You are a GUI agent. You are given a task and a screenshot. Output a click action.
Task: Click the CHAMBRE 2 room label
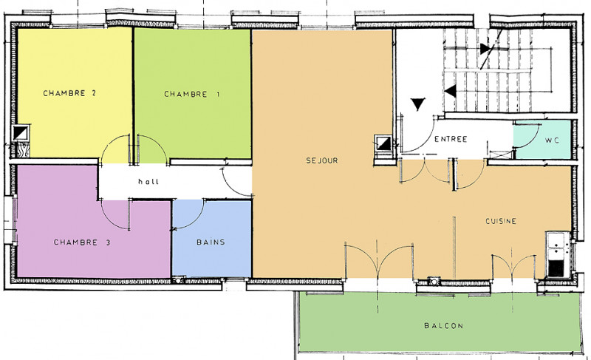pyautogui.click(x=70, y=94)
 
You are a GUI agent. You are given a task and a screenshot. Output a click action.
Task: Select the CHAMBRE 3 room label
pyautogui.click(x=82, y=242)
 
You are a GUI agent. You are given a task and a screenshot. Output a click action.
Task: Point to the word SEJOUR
pyautogui.click(x=322, y=160)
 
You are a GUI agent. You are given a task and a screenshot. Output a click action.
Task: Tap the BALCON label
pyautogui.click(x=443, y=326)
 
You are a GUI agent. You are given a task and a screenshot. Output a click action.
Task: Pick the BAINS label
pyautogui.click(x=210, y=242)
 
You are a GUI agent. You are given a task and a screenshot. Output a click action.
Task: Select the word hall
pyautogui.click(x=148, y=182)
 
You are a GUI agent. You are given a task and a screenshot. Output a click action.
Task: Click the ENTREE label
pyautogui.click(x=451, y=139)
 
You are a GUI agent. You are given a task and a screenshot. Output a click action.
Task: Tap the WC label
pyautogui.click(x=553, y=139)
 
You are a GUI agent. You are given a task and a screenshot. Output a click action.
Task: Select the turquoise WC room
pyautogui.click(x=543, y=148)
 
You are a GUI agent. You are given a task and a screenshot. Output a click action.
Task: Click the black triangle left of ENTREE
pyautogui.click(x=419, y=104)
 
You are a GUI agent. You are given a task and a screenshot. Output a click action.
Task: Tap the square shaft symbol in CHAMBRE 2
pyautogui.click(x=21, y=133)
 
